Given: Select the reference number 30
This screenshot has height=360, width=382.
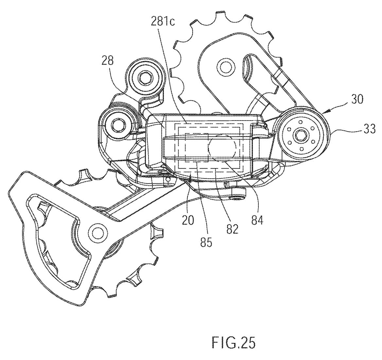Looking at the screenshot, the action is click(357, 100).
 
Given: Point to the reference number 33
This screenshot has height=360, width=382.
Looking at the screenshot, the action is click(369, 129).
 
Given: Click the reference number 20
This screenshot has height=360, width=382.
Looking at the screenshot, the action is click(188, 220).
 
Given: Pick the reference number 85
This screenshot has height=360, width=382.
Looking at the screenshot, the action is click(206, 242).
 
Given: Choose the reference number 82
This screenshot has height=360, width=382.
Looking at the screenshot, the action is click(232, 229).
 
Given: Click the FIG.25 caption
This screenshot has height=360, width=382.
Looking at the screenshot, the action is click(234, 343).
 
